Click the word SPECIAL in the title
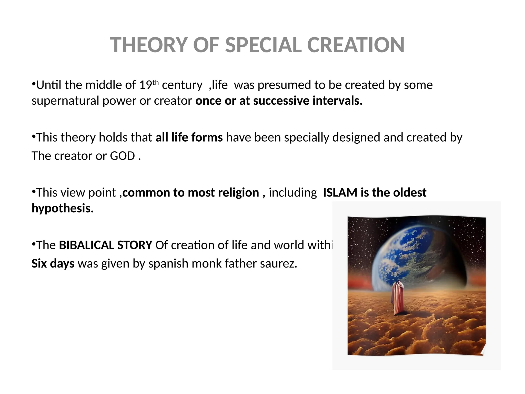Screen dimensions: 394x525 click(263, 45)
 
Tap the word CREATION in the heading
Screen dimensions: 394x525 click(356, 45)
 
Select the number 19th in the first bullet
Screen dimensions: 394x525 click(149, 85)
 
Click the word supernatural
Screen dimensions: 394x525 click(65, 101)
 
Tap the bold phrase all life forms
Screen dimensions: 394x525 click(189, 137)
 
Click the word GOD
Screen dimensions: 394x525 click(122, 156)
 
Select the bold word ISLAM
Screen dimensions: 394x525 click(340, 192)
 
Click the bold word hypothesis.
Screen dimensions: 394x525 click(62, 208)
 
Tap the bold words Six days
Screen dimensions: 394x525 click(53, 263)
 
